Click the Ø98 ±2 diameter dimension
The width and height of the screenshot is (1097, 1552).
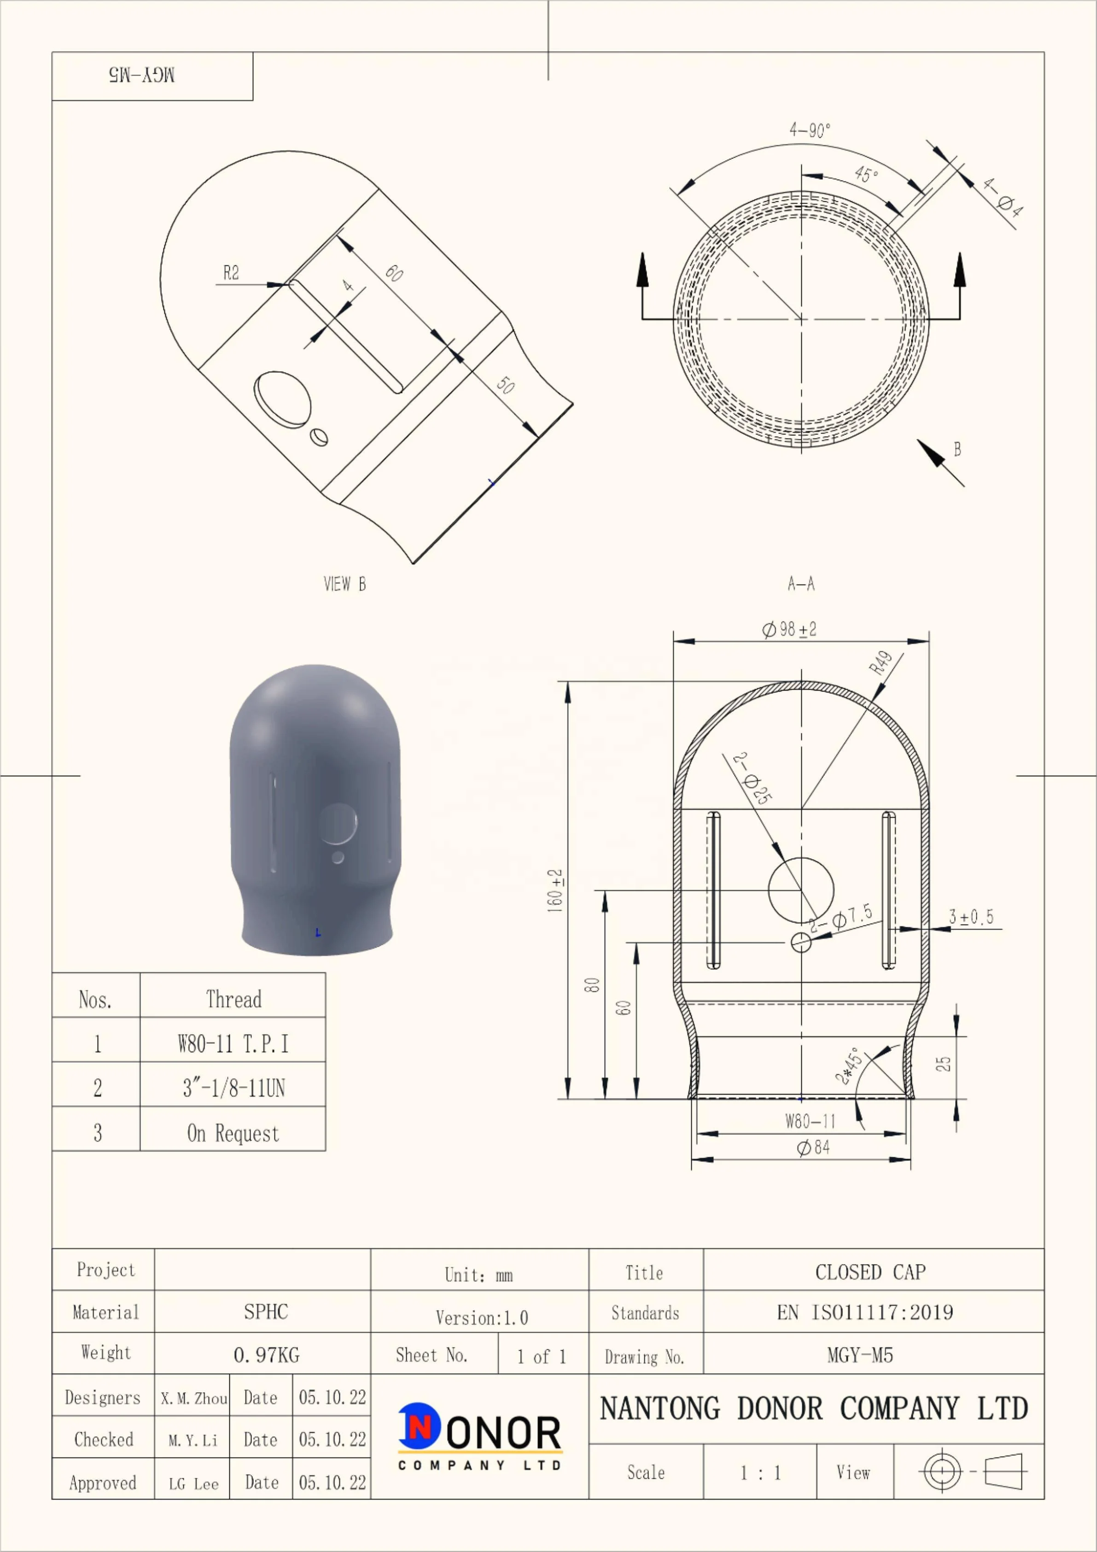tap(789, 629)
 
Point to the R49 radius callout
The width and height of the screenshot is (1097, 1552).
tap(881, 662)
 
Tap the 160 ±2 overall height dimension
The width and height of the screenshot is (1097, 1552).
tap(555, 891)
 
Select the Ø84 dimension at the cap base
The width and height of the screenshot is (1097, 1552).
tap(813, 1147)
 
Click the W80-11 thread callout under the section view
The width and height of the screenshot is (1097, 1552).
tap(811, 1121)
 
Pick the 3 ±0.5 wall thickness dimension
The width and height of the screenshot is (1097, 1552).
tap(971, 917)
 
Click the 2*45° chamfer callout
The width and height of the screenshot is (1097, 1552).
tap(849, 1066)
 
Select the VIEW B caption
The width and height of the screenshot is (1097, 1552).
tap(345, 584)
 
